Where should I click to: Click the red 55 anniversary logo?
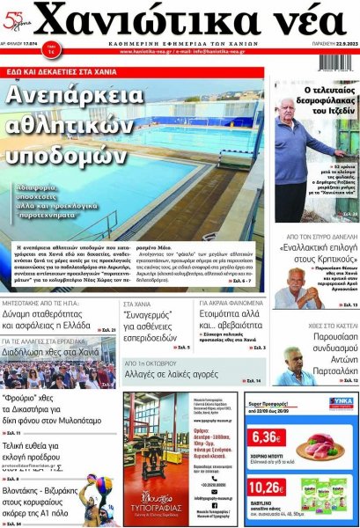(18, 18)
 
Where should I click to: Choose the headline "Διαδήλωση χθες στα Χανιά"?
(52, 351)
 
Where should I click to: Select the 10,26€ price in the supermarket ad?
(267, 487)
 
